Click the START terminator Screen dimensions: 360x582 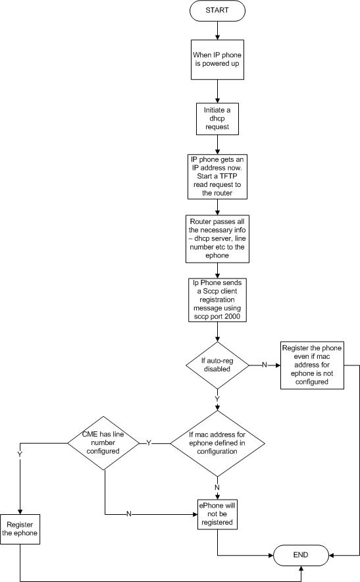pos(217,11)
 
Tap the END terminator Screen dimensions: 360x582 pos(301,555)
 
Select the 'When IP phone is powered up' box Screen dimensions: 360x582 pos(217,59)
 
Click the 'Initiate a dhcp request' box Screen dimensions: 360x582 pos(217,119)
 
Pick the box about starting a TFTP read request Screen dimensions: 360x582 pos(217,176)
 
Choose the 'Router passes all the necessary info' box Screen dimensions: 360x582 pos(217,239)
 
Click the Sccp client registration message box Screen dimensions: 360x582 pos(217,300)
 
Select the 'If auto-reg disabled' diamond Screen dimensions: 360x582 pos(217,365)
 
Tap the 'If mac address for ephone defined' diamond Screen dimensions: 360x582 pos(217,443)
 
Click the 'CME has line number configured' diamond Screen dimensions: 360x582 pos(103,443)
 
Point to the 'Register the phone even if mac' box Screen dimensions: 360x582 pos(312,365)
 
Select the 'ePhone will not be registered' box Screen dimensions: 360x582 pos(217,514)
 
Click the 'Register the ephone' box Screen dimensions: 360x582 pos(20,529)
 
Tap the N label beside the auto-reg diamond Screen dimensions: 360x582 pos(265,365)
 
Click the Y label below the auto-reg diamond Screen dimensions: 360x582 pos(217,399)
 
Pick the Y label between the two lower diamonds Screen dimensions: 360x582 pos(149,443)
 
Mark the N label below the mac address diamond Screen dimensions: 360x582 pos(217,487)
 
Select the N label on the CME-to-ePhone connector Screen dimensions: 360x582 pos(129,514)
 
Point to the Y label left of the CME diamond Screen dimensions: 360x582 pos(20,455)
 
